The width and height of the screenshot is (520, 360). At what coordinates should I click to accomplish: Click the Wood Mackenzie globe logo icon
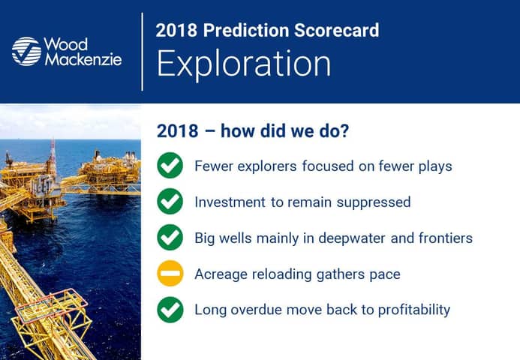point(26,52)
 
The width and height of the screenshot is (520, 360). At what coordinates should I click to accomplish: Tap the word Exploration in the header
point(244,64)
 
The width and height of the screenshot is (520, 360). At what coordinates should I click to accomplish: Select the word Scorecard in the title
point(336,30)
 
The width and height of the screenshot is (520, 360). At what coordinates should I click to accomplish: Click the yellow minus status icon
point(170,274)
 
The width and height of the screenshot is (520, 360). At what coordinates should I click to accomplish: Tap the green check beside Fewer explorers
point(170,166)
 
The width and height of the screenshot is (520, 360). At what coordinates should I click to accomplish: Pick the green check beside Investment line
point(170,201)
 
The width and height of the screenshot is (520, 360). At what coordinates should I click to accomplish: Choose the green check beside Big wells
point(170,237)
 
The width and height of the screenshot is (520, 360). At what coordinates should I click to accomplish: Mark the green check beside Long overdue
point(170,310)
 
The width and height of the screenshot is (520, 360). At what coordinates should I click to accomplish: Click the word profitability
point(414,310)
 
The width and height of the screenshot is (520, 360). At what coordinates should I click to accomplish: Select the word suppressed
point(374,202)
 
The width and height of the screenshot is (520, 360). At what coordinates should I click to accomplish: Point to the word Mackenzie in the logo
point(83,59)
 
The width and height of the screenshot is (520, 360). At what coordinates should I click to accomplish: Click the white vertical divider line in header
point(143,52)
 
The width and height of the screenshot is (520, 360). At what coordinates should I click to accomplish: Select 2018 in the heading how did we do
point(177,130)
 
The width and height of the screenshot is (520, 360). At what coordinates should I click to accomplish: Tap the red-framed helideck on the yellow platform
point(52,306)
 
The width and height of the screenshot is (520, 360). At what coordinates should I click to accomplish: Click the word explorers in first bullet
point(267,166)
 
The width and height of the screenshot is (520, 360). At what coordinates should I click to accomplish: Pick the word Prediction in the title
point(245,30)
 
